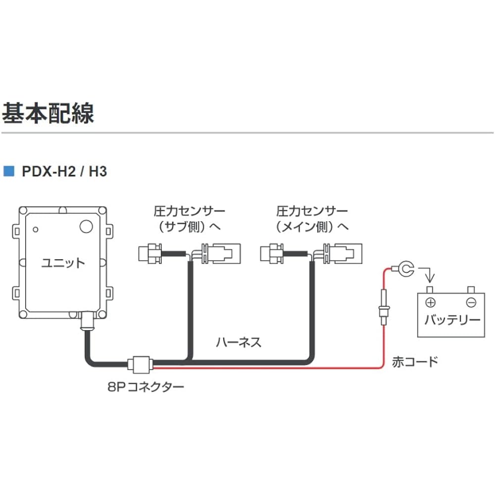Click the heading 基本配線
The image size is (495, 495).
(x=48, y=113)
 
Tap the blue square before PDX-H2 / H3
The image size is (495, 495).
(x=8, y=172)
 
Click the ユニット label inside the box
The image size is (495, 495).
(x=63, y=262)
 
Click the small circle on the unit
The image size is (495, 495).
(x=36, y=230)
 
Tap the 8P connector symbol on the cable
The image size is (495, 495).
(x=140, y=365)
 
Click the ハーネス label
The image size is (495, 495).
(x=238, y=342)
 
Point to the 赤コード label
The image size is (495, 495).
(x=415, y=361)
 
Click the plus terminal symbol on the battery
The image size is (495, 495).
(x=431, y=302)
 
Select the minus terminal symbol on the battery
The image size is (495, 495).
(x=471, y=302)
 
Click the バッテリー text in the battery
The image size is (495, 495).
(x=452, y=320)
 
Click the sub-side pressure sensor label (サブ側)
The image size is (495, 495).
(x=189, y=219)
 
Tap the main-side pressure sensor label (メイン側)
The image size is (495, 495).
(x=312, y=219)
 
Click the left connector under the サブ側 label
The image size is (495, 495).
(x=150, y=253)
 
